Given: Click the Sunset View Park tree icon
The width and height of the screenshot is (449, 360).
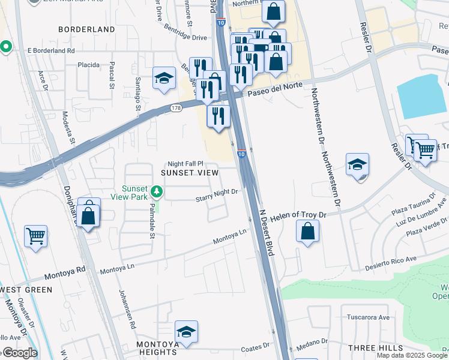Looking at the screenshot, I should (x=157, y=191).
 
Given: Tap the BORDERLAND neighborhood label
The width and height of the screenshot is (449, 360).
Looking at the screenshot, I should (x=86, y=29).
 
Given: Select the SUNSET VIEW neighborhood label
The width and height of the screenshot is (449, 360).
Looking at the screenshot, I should (x=190, y=173).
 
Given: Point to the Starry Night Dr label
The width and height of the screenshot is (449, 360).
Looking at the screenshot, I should (x=218, y=192).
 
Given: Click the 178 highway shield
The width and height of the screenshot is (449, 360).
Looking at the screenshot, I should (x=175, y=108).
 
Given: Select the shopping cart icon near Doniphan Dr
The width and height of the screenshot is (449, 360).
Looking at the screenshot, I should (x=35, y=236).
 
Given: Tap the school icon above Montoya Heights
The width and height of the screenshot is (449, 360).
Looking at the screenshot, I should (x=187, y=331).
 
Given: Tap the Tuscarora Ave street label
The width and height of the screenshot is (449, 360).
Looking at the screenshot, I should (x=369, y=317).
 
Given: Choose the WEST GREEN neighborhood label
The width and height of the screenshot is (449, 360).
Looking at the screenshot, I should (x=26, y=289).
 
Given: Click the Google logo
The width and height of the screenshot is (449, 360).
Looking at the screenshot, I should (x=19, y=353).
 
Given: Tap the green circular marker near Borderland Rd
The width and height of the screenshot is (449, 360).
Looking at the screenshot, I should (x=6, y=46).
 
